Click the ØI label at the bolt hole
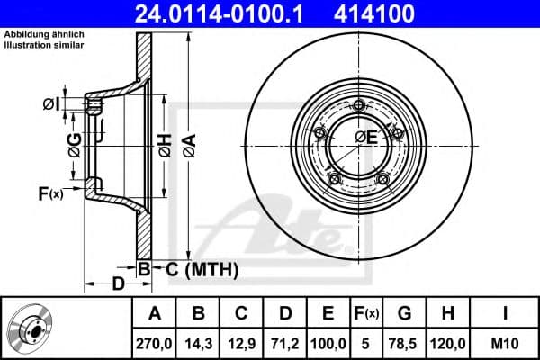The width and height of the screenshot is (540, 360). [52, 103]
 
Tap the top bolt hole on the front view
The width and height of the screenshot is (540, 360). [359, 106]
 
